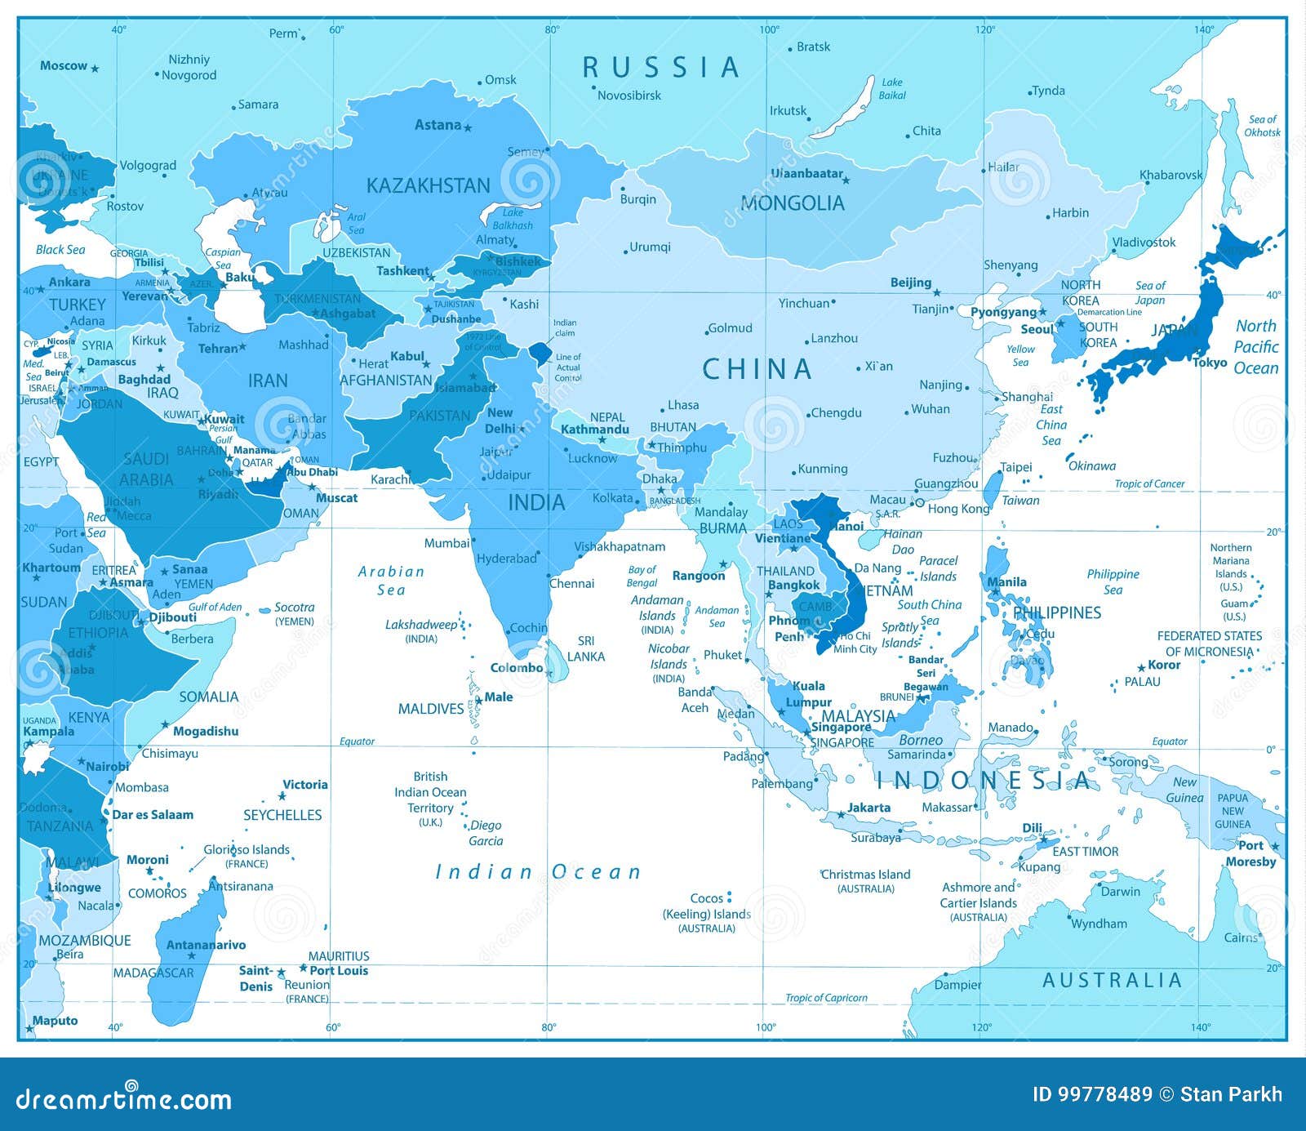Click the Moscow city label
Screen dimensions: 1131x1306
63,66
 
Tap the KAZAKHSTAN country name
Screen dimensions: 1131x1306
428,186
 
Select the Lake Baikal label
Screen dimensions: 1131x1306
892,89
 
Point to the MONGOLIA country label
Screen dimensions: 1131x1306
792,203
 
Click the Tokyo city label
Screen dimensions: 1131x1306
1210,363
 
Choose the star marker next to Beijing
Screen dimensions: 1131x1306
937,292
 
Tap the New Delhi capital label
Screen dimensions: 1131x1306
500,421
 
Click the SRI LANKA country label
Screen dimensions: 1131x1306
586,648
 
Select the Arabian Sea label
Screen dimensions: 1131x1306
391,581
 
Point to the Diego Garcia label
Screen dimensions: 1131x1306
486,833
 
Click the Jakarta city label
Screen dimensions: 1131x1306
868,808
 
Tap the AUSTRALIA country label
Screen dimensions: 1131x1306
1112,981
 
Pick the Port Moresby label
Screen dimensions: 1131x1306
1250,853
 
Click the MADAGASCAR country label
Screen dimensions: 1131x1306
153,973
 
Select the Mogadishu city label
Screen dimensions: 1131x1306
206,731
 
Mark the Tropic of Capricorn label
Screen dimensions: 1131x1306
826,998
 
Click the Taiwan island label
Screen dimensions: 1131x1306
1020,501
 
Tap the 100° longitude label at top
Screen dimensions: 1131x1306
769,29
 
